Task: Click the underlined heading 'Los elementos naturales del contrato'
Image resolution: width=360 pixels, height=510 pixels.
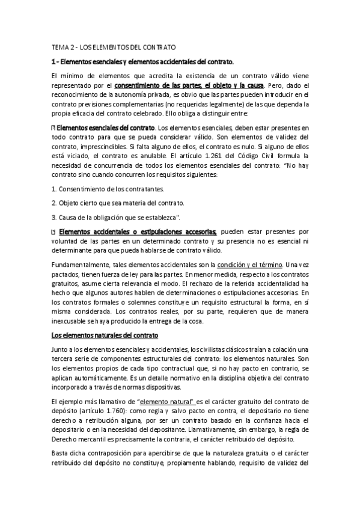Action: (104, 334)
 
